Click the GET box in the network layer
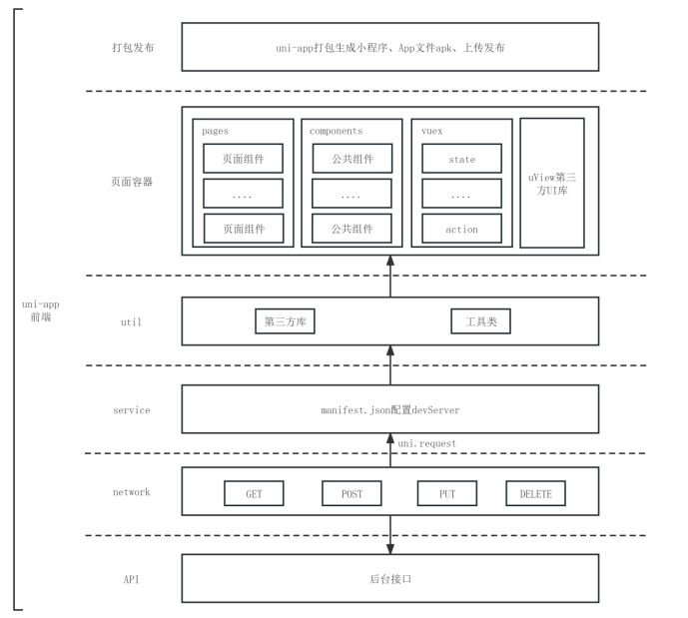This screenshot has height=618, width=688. click(x=254, y=493)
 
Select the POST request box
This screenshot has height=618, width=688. click(x=351, y=493)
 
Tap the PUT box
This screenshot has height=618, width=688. click(x=447, y=493)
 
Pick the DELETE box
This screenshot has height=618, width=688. click(x=536, y=493)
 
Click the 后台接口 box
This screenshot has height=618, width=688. click(x=390, y=578)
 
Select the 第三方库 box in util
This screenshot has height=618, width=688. click(x=286, y=322)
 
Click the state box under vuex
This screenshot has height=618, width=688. click(x=461, y=159)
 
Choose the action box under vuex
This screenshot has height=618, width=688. click(x=461, y=229)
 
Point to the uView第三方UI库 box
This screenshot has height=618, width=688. click(x=552, y=183)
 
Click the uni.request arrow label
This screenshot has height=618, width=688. click(x=426, y=441)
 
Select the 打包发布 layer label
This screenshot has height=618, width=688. click(x=132, y=47)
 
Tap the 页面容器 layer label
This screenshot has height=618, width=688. click(x=132, y=183)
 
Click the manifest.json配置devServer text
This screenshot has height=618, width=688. click(x=390, y=409)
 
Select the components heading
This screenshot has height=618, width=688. click(x=336, y=130)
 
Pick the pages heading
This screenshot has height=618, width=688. click(x=216, y=130)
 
